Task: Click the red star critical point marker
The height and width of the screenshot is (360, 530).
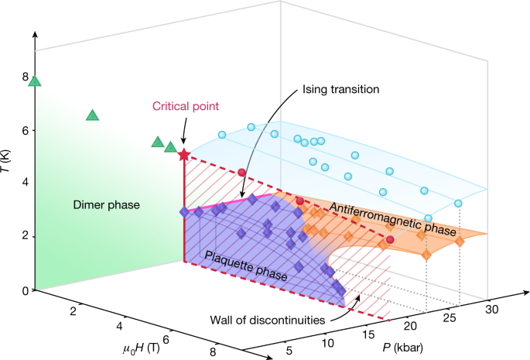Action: tap(183, 155)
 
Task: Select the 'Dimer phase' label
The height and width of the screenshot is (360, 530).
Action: tap(108, 205)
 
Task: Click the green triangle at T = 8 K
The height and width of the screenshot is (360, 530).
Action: tap(34, 81)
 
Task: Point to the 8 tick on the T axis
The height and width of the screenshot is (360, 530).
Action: tap(25, 77)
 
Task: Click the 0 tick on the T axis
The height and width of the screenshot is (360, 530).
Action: tap(25, 290)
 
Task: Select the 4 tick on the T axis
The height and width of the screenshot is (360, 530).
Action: tap(25, 183)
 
